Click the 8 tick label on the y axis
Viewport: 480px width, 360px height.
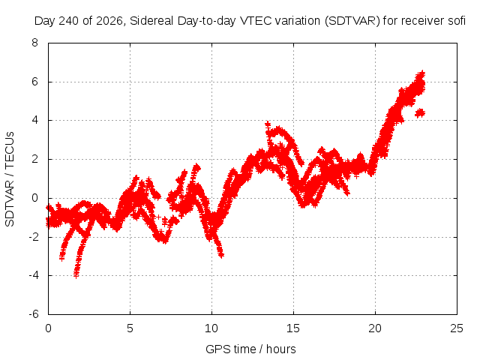pyautogui.click(x=34, y=43)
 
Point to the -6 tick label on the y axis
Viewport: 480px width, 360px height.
pyautogui.click(x=34, y=314)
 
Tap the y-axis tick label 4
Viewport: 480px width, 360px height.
pyautogui.click(x=34, y=120)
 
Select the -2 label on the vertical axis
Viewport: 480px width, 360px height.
pyautogui.click(x=34, y=237)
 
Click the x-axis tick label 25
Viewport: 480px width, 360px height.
pyautogui.click(x=457, y=328)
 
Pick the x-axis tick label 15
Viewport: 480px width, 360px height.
pyautogui.click(x=293, y=328)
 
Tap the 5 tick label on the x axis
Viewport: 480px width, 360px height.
pyautogui.click(x=130, y=328)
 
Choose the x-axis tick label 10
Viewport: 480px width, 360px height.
pyautogui.click(x=211, y=328)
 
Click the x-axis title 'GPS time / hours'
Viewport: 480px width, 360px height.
pyautogui.click(x=250, y=349)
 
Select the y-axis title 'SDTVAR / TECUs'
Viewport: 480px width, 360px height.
pyautogui.click(x=10, y=179)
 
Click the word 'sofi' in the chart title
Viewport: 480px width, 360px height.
pyautogui.click(x=455, y=21)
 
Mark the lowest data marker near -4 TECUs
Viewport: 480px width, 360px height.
pyautogui.click(x=76, y=275)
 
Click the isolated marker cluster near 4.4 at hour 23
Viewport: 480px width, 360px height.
pyautogui.click(x=420, y=113)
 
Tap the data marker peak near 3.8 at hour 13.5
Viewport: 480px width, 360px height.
pyautogui.click(x=268, y=124)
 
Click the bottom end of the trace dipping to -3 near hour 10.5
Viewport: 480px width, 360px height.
pyautogui.click(x=221, y=254)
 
